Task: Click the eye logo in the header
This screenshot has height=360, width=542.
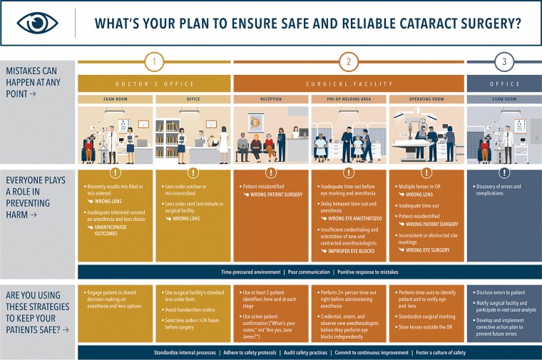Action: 37,23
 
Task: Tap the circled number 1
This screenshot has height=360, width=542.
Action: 154,62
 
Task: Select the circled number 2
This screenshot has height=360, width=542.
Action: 349,62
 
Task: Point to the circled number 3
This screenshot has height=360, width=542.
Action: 504,62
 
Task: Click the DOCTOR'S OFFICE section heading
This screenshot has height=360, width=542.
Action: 154,83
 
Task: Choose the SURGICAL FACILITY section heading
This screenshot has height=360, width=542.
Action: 349,83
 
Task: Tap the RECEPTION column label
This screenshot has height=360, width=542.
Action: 271,98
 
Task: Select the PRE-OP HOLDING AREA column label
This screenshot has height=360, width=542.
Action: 349,98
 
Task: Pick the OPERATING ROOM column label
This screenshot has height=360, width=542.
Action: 426,98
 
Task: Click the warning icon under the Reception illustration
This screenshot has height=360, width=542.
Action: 271,173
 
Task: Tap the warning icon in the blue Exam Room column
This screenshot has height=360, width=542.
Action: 504,173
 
